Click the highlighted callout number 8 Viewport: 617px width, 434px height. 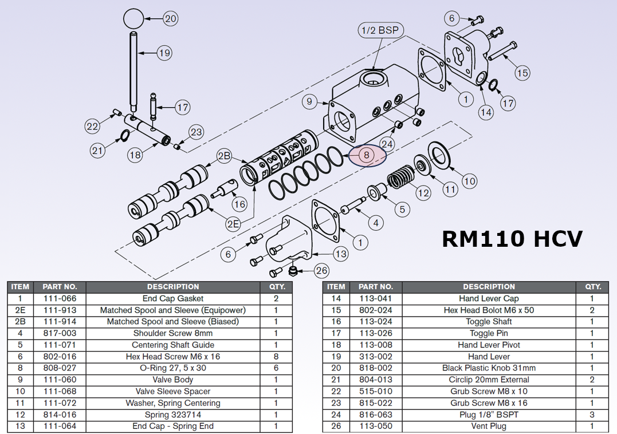tap(367, 155)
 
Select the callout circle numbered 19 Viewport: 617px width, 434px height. tap(164, 53)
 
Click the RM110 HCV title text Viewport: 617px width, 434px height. tap(512, 238)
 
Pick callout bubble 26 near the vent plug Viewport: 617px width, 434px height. tap(322, 270)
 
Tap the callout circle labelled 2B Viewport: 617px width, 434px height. tap(223, 156)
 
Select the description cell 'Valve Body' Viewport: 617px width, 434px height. tap(173, 380)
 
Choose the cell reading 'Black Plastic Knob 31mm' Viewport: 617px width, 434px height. tap(489, 368)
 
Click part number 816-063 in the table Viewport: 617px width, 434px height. tap(376, 415)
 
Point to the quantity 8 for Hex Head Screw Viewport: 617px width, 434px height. tap(276, 357)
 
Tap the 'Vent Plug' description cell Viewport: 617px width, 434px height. tap(489, 426)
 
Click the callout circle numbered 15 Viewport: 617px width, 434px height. tap(522, 73)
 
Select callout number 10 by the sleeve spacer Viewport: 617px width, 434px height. tap(469, 182)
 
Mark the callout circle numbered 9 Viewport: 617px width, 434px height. tap(309, 102)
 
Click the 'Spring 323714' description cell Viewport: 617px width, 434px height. tap(173, 415)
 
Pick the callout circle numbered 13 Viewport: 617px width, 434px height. tap(341, 254)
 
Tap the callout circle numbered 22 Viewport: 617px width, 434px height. tap(93, 127)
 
